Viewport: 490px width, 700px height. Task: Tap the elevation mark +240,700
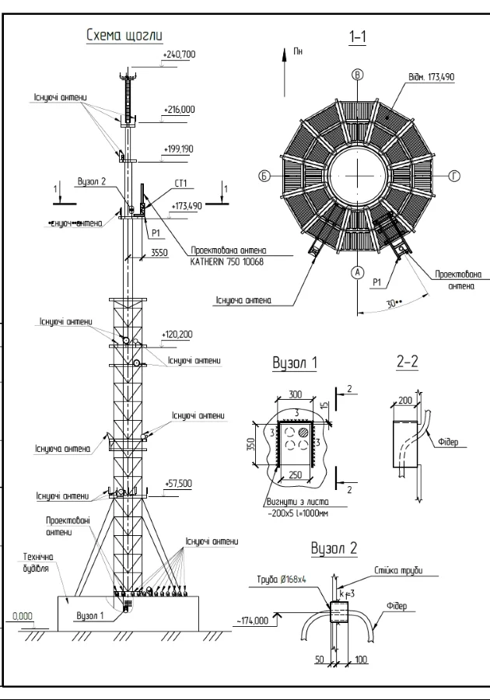pos(180,54)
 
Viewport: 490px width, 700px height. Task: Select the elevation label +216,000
pos(180,110)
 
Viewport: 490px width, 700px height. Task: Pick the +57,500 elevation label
pos(178,483)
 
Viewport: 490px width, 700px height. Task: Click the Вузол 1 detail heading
pos(294,362)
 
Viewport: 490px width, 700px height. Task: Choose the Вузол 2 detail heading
pos(334,548)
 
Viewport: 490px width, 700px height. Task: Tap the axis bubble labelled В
pos(358,75)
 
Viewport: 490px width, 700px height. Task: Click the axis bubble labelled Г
pos(455,177)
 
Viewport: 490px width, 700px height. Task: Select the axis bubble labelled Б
pos(264,177)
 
